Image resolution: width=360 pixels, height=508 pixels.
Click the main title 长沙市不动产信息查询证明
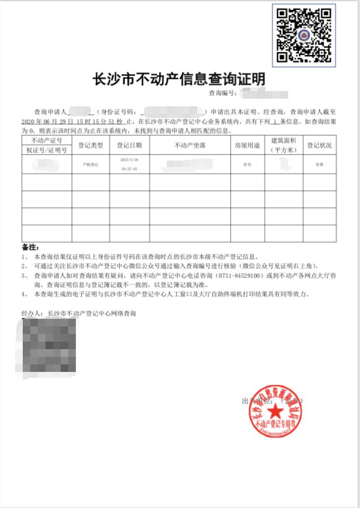click(179, 78)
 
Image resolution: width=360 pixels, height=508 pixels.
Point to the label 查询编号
click(222, 93)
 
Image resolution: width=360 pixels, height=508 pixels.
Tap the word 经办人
click(33, 314)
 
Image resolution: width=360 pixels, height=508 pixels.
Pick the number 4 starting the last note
click(24, 294)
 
